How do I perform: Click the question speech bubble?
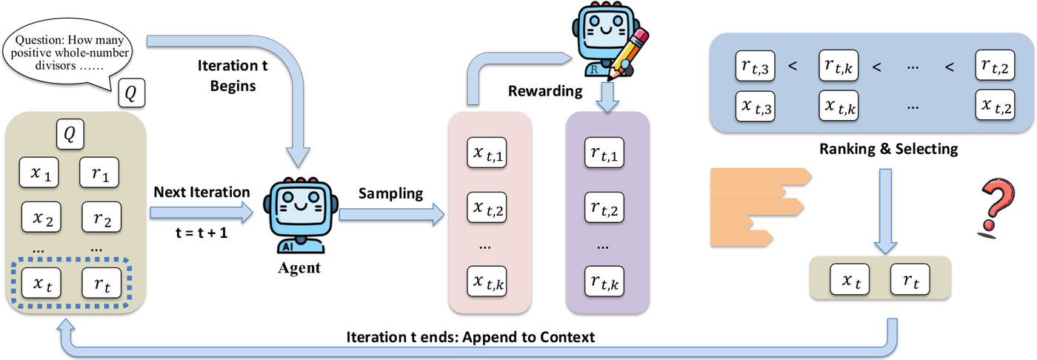pyautogui.click(x=68, y=53)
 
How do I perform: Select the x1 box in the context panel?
pyautogui.click(x=39, y=173)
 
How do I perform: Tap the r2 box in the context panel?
pyautogui.click(x=101, y=216)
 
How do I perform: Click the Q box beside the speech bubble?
pyautogui.click(x=132, y=93)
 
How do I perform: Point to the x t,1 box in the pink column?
pyautogui.click(x=487, y=153)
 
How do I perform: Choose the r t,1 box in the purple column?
pyautogui.click(x=604, y=153)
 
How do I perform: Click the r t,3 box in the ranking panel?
pyautogui.click(x=755, y=66)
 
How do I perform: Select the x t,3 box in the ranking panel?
pyautogui.click(x=755, y=107)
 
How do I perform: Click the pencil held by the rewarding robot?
pyautogui.click(x=629, y=53)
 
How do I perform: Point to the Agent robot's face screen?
pyautogui.click(x=301, y=204)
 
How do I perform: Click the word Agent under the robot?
pyautogui.click(x=299, y=268)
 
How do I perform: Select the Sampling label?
pyautogui.click(x=391, y=193)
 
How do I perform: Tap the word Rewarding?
pyautogui.click(x=545, y=91)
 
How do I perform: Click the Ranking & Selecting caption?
pyautogui.click(x=889, y=149)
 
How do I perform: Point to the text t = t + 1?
pyautogui.click(x=201, y=233)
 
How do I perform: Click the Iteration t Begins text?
pyautogui.click(x=233, y=76)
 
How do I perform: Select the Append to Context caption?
pyautogui.click(x=528, y=337)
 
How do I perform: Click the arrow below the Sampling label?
pyautogui.click(x=392, y=215)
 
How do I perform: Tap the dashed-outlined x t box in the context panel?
pyautogui.click(x=41, y=283)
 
